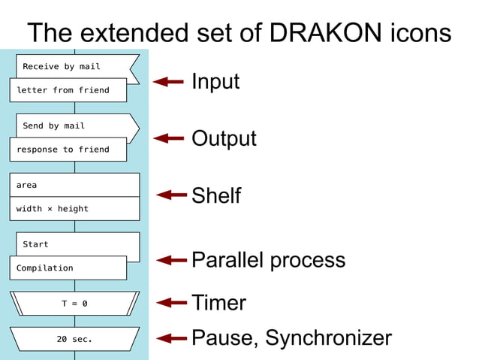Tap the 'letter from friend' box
(68, 90)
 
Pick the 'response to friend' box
(68, 150)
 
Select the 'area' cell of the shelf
(74, 185)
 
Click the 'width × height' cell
(74, 209)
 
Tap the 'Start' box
(75, 244)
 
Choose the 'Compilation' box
(68, 268)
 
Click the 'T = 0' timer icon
(74, 304)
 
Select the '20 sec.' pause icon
(74, 339)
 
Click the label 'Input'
(215, 81)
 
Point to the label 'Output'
(224, 138)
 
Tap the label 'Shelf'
(216, 195)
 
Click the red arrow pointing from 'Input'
(168, 81)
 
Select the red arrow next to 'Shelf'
(172, 195)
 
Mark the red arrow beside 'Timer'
(172, 302)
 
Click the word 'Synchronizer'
(328, 338)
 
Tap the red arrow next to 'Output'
(168, 138)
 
